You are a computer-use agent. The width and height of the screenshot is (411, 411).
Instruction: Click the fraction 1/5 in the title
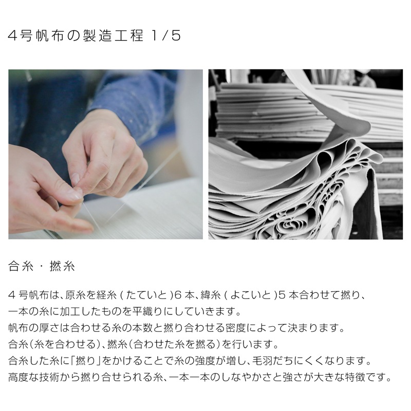[166, 35]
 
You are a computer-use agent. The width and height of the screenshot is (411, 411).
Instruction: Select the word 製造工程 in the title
[114, 35]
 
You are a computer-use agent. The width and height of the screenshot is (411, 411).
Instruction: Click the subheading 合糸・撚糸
[42, 266]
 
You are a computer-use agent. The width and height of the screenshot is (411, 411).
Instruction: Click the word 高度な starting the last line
[24, 377]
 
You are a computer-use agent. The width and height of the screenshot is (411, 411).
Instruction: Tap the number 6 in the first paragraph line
[178, 295]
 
